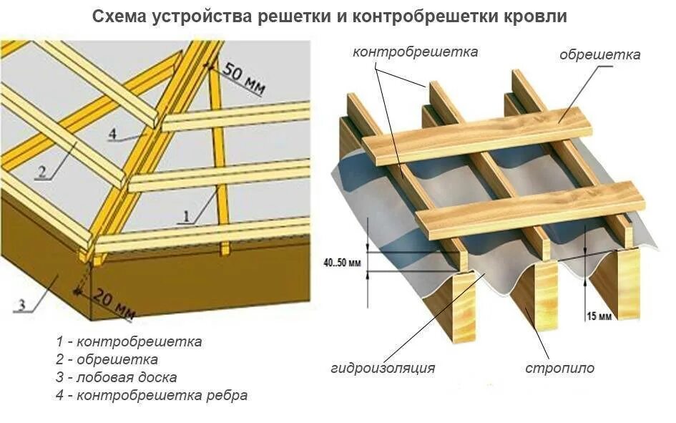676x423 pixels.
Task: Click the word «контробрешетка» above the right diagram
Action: [415, 52]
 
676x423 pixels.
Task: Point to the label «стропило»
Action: [559, 369]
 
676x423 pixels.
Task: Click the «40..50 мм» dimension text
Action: [343, 263]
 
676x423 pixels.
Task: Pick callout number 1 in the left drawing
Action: [187, 215]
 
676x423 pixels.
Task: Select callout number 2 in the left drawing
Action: [42, 172]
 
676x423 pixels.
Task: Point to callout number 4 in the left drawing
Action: [112, 134]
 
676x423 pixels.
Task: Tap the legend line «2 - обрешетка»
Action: [107, 359]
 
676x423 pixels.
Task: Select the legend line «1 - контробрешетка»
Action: [128, 341]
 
